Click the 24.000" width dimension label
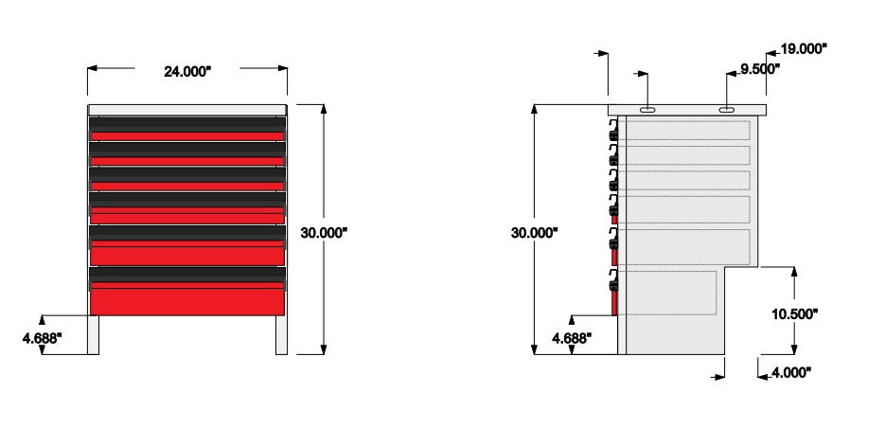click(187, 72)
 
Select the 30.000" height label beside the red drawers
click(324, 233)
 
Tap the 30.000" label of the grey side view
click(534, 233)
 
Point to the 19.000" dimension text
click(804, 49)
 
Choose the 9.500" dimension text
click(760, 69)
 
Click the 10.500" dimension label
click(795, 314)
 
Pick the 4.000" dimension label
click(790, 372)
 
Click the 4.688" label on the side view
click(572, 338)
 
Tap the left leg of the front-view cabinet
click(93, 335)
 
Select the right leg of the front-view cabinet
click(282, 335)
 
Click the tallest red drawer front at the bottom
click(187, 301)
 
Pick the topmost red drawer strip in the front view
click(187, 136)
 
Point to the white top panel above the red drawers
click(187, 110)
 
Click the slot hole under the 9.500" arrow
click(726, 110)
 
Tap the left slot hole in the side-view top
click(647, 110)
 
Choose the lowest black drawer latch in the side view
click(613, 281)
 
